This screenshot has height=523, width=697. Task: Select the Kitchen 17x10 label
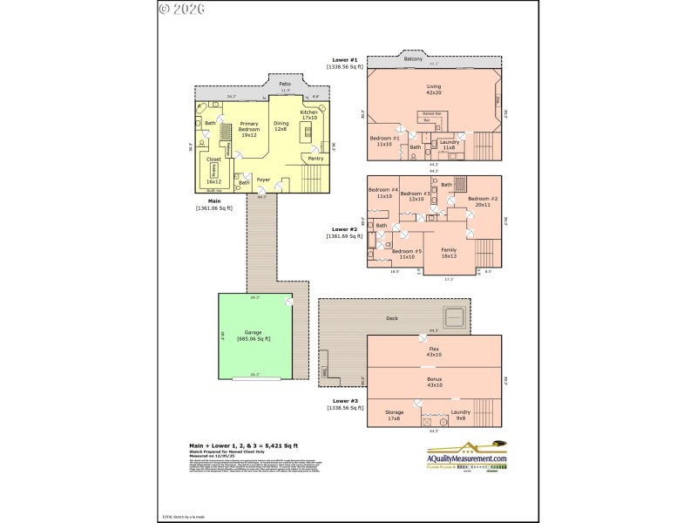(x=309, y=116)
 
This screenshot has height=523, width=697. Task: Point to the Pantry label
(x=315, y=158)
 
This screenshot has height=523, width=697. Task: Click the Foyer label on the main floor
(x=263, y=180)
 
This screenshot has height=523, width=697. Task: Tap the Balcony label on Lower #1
(x=414, y=58)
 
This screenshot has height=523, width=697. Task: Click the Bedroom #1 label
(x=384, y=141)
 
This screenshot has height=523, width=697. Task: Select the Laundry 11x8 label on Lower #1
(x=450, y=145)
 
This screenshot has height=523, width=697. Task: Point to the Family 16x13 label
(x=449, y=254)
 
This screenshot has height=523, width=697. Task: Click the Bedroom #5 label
(x=406, y=254)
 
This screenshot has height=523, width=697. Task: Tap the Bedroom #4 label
(x=383, y=194)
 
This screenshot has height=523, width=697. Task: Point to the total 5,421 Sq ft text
(x=228, y=445)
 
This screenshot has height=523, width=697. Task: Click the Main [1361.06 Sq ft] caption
(x=213, y=204)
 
